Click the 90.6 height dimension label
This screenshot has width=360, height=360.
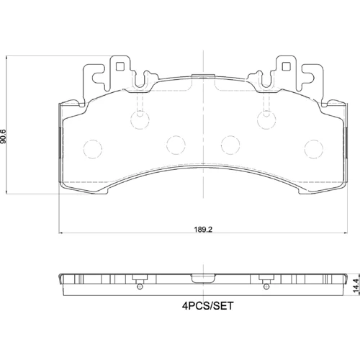pyautogui.click(x=3, y=137)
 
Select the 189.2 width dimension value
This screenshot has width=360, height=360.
pyautogui.click(x=203, y=230)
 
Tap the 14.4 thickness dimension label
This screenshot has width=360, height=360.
pyautogui.click(x=356, y=286)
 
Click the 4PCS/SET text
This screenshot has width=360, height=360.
pyautogui.click(x=207, y=306)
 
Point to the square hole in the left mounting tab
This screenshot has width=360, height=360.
pyautogui.click(x=120, y=66)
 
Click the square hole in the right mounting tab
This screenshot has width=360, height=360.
pyautogui.click(x=286, y=66)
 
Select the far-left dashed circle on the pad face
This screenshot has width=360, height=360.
pyautogui.click(x=93, y=149)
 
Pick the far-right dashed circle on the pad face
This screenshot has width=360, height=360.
pyautogui.click(x=314, y=149)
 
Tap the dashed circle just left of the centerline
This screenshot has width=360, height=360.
pyautogui.click(x=176, y=145)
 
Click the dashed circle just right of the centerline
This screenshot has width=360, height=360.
pyautogui.click(x=230, y=145)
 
